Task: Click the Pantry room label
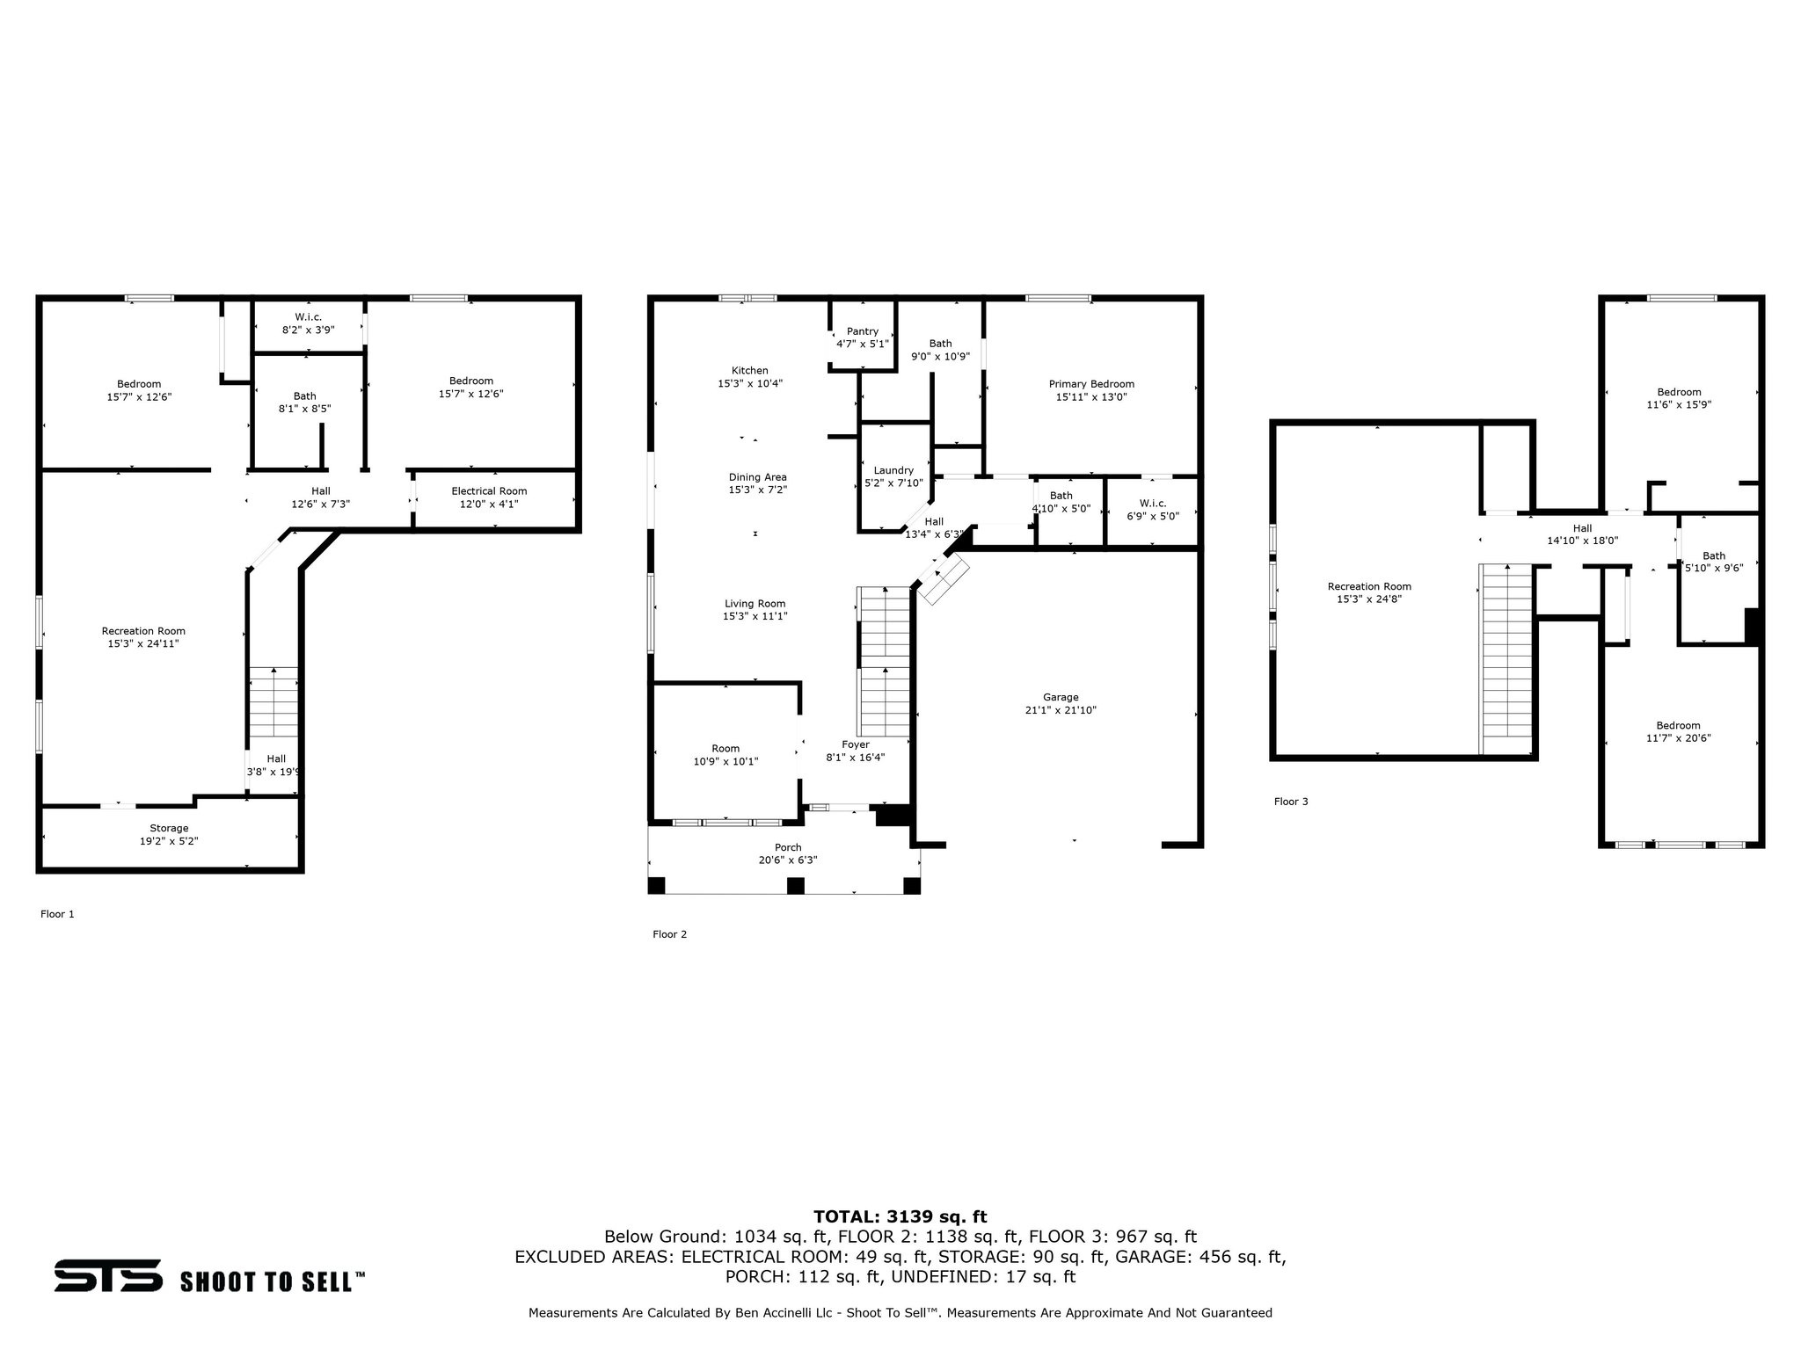tap(862, 331)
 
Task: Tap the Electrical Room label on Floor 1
tap(489, 491)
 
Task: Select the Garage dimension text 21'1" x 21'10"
tap(1061, 710)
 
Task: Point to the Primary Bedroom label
tap(1091, 384)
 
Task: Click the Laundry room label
tap(893, 470)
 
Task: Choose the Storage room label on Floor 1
tap(169, 828)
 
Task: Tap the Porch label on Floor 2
tap(788, 847)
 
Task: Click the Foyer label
tap(855, 744)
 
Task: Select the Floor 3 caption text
tap(1291, 802)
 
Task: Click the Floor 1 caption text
tap(57, 914)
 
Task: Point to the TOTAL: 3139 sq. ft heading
tap(900, 1216)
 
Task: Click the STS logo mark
tap(108, 1275)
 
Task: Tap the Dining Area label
tap(757, 477)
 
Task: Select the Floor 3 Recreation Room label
tap(1369, 586)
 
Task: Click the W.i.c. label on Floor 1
tap(308, 317)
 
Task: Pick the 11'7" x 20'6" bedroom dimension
tap(1678, 738)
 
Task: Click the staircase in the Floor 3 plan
tap(1506, 655)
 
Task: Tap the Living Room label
tap(755, 604)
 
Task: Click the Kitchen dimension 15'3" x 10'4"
tap(750, 383)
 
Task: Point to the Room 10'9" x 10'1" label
tap(726, 749)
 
